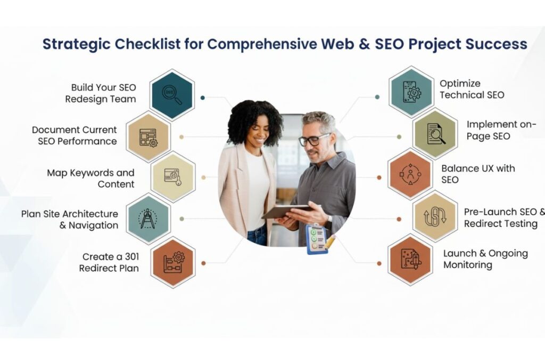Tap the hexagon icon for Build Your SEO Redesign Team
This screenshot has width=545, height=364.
(172, 94)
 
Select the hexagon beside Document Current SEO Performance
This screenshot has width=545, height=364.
(148, 136)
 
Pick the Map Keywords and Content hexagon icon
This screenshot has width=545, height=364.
(173, 177)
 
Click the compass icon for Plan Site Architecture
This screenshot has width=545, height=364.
(148, 219)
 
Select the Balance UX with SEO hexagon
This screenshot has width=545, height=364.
(410, 175)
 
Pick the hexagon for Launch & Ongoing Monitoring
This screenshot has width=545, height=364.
(410, 260)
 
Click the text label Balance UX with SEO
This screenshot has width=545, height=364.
(478, 174)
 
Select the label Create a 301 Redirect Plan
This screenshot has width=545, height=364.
(110, 262)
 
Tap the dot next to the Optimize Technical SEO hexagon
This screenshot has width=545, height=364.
(377, 97)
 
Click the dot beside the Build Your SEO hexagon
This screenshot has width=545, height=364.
(203, 98)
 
